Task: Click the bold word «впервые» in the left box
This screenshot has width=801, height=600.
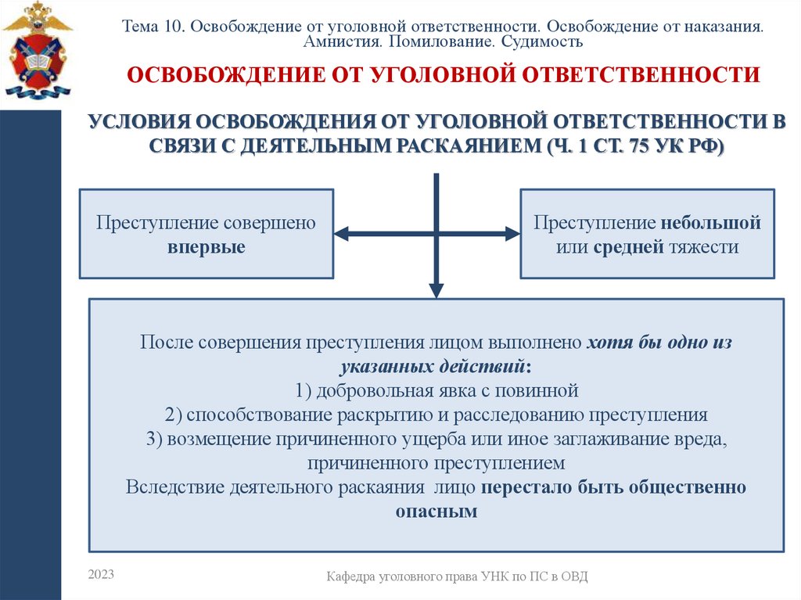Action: [206, 248]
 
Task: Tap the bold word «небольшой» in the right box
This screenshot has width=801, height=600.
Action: [710, 223]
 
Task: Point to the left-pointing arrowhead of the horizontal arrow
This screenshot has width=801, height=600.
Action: [342, 233]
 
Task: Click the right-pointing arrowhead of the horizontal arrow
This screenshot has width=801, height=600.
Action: [512, 233]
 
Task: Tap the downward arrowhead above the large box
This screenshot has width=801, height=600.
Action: [436, 289]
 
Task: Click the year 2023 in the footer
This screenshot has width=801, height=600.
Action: [101, 575]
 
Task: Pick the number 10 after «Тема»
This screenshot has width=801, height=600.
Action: [173, 26]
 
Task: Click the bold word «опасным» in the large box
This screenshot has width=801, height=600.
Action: [436, 512]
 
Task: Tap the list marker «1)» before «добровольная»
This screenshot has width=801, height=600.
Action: [304, 390]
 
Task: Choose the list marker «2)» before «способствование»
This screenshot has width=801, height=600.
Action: [174, 414]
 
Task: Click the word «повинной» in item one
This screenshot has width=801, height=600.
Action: [546, 390]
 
